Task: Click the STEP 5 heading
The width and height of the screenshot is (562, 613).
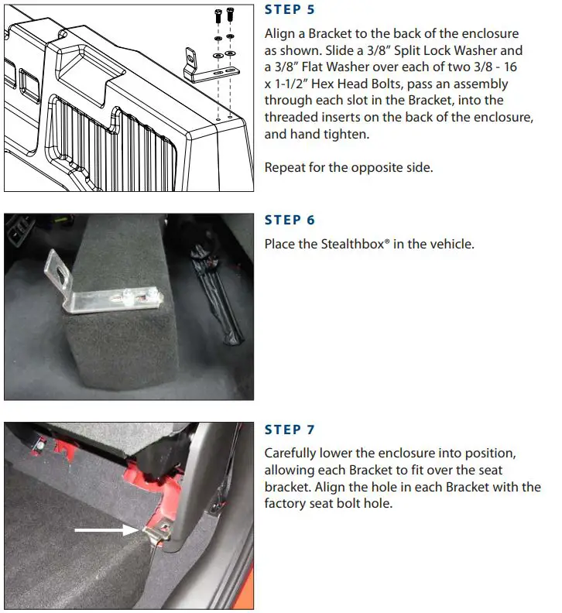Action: (290, 10)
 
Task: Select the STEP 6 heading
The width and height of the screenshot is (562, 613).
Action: (290, 220)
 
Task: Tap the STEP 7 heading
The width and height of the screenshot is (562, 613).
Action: (290, 430)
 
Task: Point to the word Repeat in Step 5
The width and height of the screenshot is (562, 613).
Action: (284, 167)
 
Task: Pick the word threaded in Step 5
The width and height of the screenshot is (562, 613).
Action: (290, 118)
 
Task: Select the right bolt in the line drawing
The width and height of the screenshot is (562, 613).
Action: (231, 15)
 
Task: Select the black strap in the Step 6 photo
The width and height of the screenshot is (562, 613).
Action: (224, 310)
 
